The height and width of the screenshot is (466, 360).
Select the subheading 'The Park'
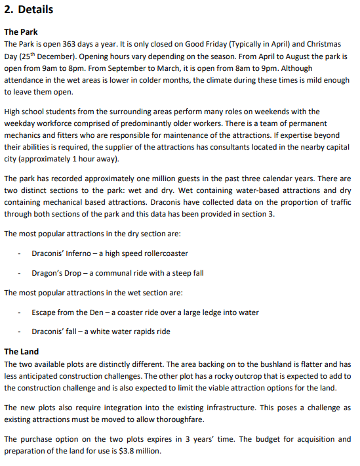[21, 32]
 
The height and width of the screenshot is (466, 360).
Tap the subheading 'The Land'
[22, 352]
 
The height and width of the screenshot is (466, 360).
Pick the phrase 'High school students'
[41, 112]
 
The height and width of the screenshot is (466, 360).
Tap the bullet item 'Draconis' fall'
[56, 331]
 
